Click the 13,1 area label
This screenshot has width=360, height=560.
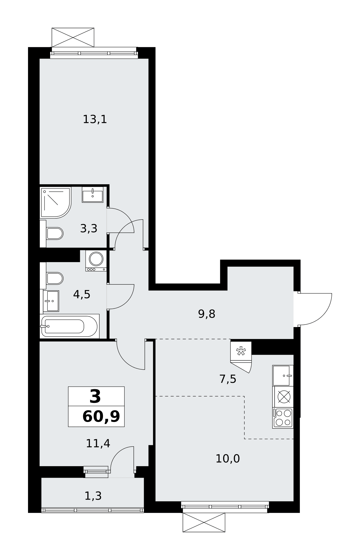point(95,120)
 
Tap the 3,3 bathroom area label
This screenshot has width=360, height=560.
point(89,228)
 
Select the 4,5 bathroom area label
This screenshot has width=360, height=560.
point(82,294)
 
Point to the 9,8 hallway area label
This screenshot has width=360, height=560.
point(207,314)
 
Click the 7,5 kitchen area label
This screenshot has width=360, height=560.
point(228,379)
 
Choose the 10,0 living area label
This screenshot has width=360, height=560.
point(228,459)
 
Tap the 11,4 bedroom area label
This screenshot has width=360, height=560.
point(98,443)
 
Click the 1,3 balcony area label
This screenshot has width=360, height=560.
point(93,496)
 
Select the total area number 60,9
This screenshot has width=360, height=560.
point(101,417)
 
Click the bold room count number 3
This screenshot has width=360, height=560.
point(95,397)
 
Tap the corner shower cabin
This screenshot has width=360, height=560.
point(56,202)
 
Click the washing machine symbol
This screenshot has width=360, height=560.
point(96,261)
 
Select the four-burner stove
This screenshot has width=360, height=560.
point(283,418)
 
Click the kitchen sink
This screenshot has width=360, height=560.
point(283,376)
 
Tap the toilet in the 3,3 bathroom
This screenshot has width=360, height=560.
point(52,234)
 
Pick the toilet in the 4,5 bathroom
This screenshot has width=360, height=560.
point(52,278)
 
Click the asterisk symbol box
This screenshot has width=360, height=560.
point(241,351)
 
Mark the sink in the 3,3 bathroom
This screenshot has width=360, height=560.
point(93,195)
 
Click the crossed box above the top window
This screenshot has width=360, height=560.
point(73,38)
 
